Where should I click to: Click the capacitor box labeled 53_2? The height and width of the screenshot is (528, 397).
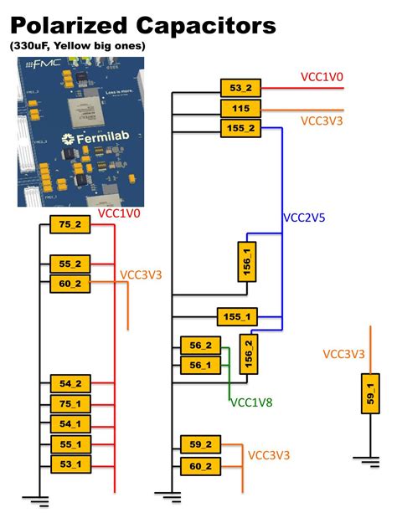click(240, 87)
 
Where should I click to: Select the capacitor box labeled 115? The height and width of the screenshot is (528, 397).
click(240, 108)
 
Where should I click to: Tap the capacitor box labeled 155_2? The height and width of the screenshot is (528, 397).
click(240, 128)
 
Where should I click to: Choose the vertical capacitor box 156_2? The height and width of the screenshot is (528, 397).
click(248, 354)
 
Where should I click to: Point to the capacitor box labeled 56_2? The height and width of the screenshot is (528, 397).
click(201, 346)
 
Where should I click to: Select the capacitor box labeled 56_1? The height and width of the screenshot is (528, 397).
click(201, 365)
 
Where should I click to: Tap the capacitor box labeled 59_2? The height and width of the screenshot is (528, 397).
click(201, 445)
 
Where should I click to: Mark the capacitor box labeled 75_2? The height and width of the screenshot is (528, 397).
click(70, 224)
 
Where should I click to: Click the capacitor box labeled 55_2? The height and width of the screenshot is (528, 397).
click(70, 264)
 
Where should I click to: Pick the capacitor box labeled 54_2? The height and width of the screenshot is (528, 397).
click(70, 384)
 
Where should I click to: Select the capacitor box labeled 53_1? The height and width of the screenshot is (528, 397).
click(70, 464)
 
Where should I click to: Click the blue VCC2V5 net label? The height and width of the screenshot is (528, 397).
click(304, 218)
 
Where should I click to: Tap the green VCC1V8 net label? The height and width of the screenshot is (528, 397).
click(251, 402)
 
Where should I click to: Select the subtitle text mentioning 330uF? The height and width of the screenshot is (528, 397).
click(78, 46)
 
